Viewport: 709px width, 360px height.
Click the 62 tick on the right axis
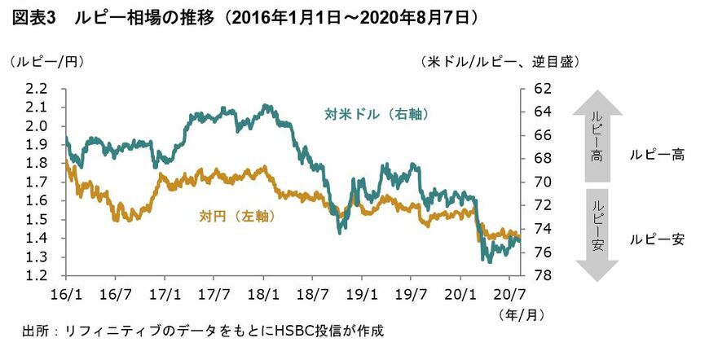tap(542, 88)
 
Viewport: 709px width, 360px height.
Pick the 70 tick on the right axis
tap(542, 182)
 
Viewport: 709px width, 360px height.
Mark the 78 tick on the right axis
tap(542, 276)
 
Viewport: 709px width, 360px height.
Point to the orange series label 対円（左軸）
tap(236, 217)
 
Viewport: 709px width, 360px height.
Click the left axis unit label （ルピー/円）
tap(46, 62)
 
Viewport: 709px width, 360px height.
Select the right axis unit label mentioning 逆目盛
tap(500, 62)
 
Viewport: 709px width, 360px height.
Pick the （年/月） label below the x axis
tap(515, 311)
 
